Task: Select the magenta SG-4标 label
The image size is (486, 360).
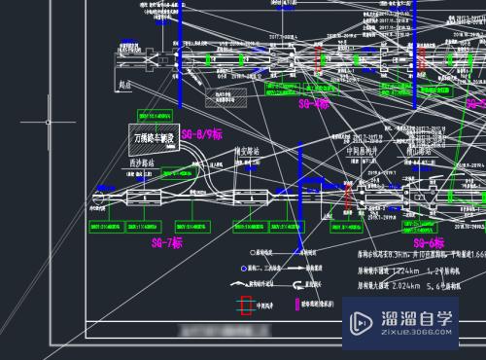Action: pos(315,102)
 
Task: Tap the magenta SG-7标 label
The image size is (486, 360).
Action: pos(168,242)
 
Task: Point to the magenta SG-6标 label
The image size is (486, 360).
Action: pos(428,242)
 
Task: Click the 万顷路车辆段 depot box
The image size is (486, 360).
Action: pos(152,137)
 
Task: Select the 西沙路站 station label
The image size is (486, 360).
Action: pos(143,164)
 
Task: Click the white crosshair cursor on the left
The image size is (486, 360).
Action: pos(49,123)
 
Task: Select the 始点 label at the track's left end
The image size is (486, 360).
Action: pos(123,87)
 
